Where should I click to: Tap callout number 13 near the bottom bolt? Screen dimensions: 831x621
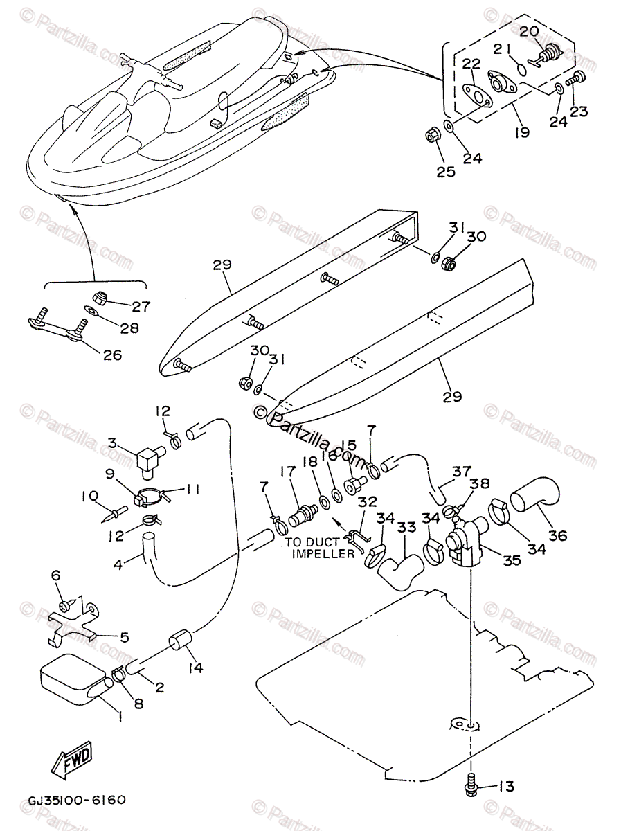pyautogui.click(x=507, y=787)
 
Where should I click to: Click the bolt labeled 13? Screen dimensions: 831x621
pyautogui.click(x=472, y=785)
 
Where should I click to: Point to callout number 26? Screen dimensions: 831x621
pyautogui.click(x=112, y=355)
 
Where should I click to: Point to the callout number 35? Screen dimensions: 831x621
pyautogui.click(x=512, y=560)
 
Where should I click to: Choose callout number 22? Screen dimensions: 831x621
pyautogui.click(x=471, y=64)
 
